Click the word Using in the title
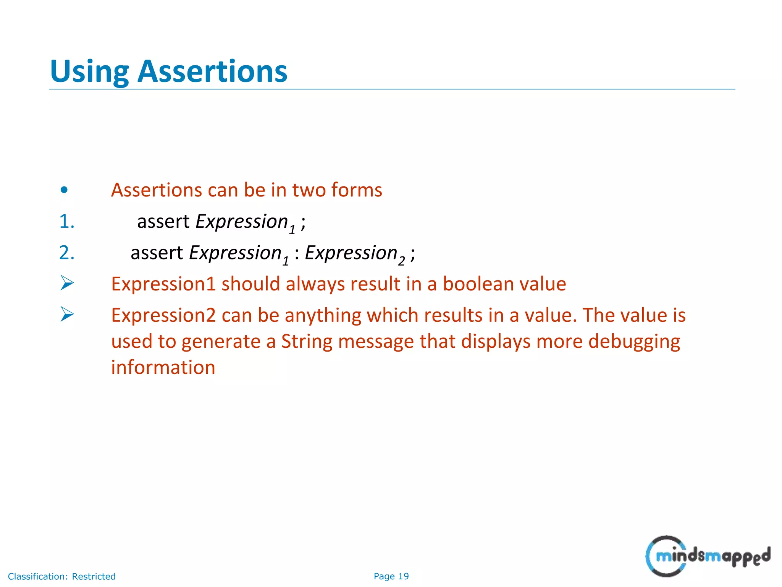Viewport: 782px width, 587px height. [x=89, y=72]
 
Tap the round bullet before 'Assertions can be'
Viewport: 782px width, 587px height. [x=64, y=190]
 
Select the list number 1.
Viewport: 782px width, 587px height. [x=66, y=222]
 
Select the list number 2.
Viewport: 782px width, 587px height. [x=66, y=253]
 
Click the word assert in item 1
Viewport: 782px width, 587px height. [x=163, y=222]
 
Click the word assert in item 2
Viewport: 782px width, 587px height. [x=157, y=253]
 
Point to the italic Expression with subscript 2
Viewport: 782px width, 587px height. [x=351, y=253]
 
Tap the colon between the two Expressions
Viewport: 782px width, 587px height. [x=297, y=254]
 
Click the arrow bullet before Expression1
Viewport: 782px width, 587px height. [x=67, y=283]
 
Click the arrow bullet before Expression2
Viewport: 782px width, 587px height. [x=67, y=315]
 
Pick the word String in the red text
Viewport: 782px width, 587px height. [x=307, y=341]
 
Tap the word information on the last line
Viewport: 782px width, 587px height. [x=163, y=368]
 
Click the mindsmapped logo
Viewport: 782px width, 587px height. [x=708, y=556]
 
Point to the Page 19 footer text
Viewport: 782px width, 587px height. [x=391, y=576]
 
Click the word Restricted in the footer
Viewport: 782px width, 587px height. [x=94, y=576]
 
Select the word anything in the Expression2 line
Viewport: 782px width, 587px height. [x=323, y=316]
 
